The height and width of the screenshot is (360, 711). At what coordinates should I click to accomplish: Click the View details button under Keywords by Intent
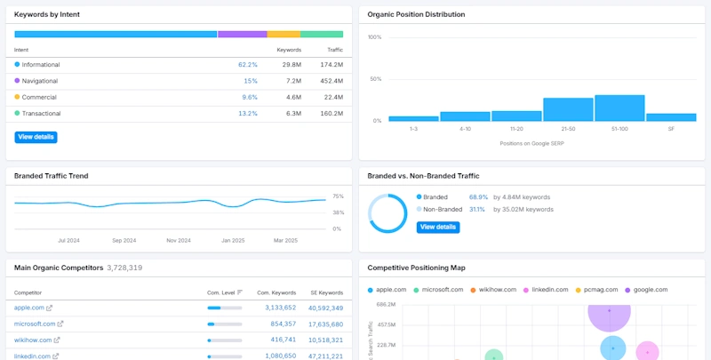pyautogui.click(x=36, y=137)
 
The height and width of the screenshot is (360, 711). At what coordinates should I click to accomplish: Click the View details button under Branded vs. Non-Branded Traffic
pyautogui.click(x=437, y=228)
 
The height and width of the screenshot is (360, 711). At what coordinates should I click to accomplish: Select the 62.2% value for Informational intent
pyautogui.click(x=248, y=65)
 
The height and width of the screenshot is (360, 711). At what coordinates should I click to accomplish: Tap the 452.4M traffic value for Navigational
pyautogui.click(x=331, y=81)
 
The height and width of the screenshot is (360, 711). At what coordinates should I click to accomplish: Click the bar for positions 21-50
pyautogui.click(x=568, y=109)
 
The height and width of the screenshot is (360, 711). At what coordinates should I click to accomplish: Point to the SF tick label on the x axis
pyautogui.click(x=671, y=130)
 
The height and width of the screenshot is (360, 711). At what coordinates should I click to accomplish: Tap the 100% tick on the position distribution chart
pyautogui.click(x=374, y=37)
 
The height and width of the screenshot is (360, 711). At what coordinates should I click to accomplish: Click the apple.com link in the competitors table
pyautogui.click(x=29, y=308)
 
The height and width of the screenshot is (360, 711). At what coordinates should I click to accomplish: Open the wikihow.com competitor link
pyautogui.click(x=33, y=340)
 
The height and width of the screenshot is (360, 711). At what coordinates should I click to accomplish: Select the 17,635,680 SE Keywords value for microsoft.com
pyautogui.click(x=325, y=324)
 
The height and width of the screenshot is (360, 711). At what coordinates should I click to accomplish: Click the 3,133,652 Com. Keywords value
pyautogui.click(x=277, y=308)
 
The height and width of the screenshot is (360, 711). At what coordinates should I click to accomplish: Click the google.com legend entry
pyautogui.click(x=650, y=290)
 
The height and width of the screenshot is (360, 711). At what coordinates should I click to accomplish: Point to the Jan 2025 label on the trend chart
pyautogui.click(x=233, y=240)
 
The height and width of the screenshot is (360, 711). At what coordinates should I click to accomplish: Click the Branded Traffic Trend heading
pyautogui.click(x=52, y=176)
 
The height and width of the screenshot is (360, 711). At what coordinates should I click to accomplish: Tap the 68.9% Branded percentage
pyautogui.click(x=478, y=196)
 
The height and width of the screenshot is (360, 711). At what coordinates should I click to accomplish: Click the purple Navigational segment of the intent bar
pyautogui.click(x=242, y=34)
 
